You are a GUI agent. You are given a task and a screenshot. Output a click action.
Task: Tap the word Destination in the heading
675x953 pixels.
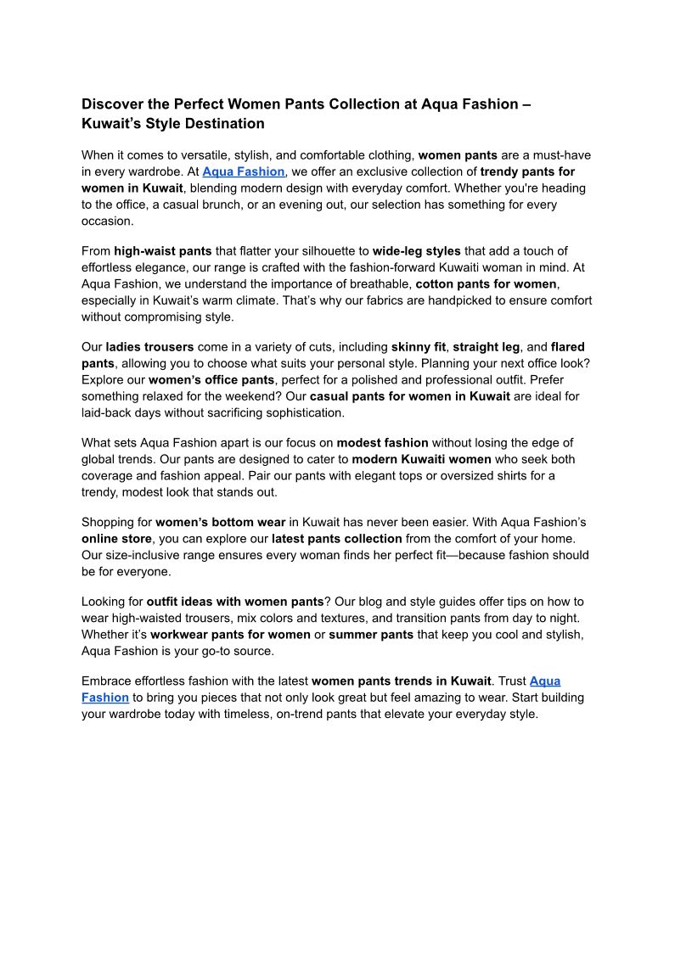tap(222, 124)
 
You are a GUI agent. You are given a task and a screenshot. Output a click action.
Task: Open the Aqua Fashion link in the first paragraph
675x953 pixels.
tap(243, 172)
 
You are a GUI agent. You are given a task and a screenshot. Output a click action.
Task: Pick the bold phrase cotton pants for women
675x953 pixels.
tap(486, 284)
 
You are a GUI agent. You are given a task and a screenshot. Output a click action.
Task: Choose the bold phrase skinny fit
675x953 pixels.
tap(418, 347)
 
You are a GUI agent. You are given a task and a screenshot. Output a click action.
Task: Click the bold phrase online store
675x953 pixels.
tap(116, 539)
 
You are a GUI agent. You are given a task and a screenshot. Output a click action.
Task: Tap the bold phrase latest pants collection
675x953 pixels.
tap(337, 539)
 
